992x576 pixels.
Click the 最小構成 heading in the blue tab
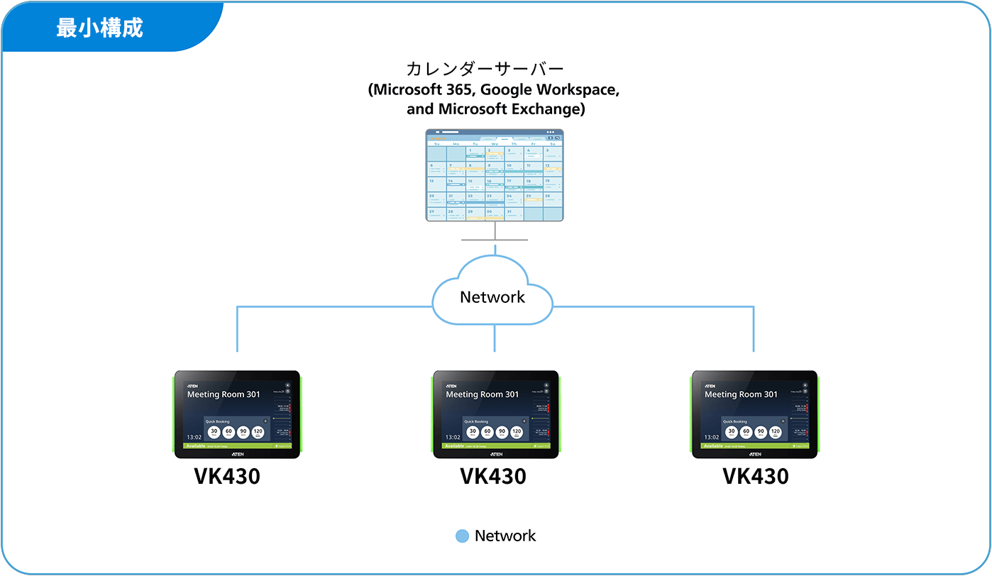point(99,28)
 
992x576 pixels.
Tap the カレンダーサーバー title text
point(485,70)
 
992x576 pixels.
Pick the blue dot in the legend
point(462,536)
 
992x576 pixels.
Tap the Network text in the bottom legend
point(505,536)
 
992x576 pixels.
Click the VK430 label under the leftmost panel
point(227,477)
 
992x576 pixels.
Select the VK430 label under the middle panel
point(493,477)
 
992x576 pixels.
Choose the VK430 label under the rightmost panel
point(756,477)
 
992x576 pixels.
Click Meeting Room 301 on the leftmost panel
point(224,394)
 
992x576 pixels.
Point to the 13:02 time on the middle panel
point(453,438)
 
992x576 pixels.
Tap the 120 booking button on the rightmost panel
point(776,432)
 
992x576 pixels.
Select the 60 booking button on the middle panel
point(487,432)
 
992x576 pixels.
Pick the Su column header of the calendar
point(436,144)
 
